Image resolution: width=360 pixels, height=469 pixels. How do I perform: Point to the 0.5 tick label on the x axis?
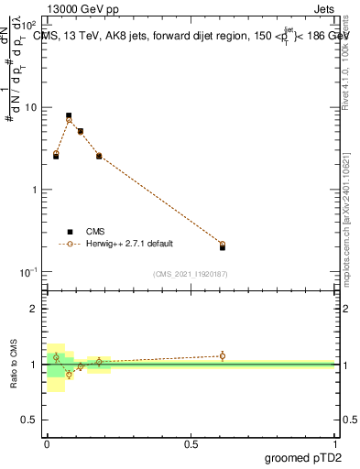pyautogui.click(x=191, y=442)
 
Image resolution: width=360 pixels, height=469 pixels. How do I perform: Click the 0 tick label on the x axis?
pyautogui.click(x=47, y=442)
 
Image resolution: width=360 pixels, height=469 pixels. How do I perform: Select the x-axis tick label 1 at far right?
pyautogui.click(x=335, y=442)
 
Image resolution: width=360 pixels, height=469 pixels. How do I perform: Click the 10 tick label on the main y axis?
pyautogui.click(x=30, y=107)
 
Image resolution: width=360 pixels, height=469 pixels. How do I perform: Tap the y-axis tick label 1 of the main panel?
pyautogui.click(x=34, y=190)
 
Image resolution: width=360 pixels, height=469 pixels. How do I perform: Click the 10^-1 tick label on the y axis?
pyautogui.click(x=28, y=272)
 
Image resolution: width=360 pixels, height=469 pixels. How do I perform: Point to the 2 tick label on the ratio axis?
pyautogui.click(x=34, y=309)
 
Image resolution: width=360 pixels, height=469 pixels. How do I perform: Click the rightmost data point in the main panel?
pyautogui.click(x=223, y=245)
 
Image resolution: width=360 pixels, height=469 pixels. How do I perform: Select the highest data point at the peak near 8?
pyautogui.click(x=69, y=116)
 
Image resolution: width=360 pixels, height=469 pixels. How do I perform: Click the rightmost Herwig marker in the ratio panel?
pyautogui.click(x=223, y=355)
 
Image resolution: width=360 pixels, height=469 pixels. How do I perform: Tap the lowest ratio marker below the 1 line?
pyautogui.click(x=69, y=374)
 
